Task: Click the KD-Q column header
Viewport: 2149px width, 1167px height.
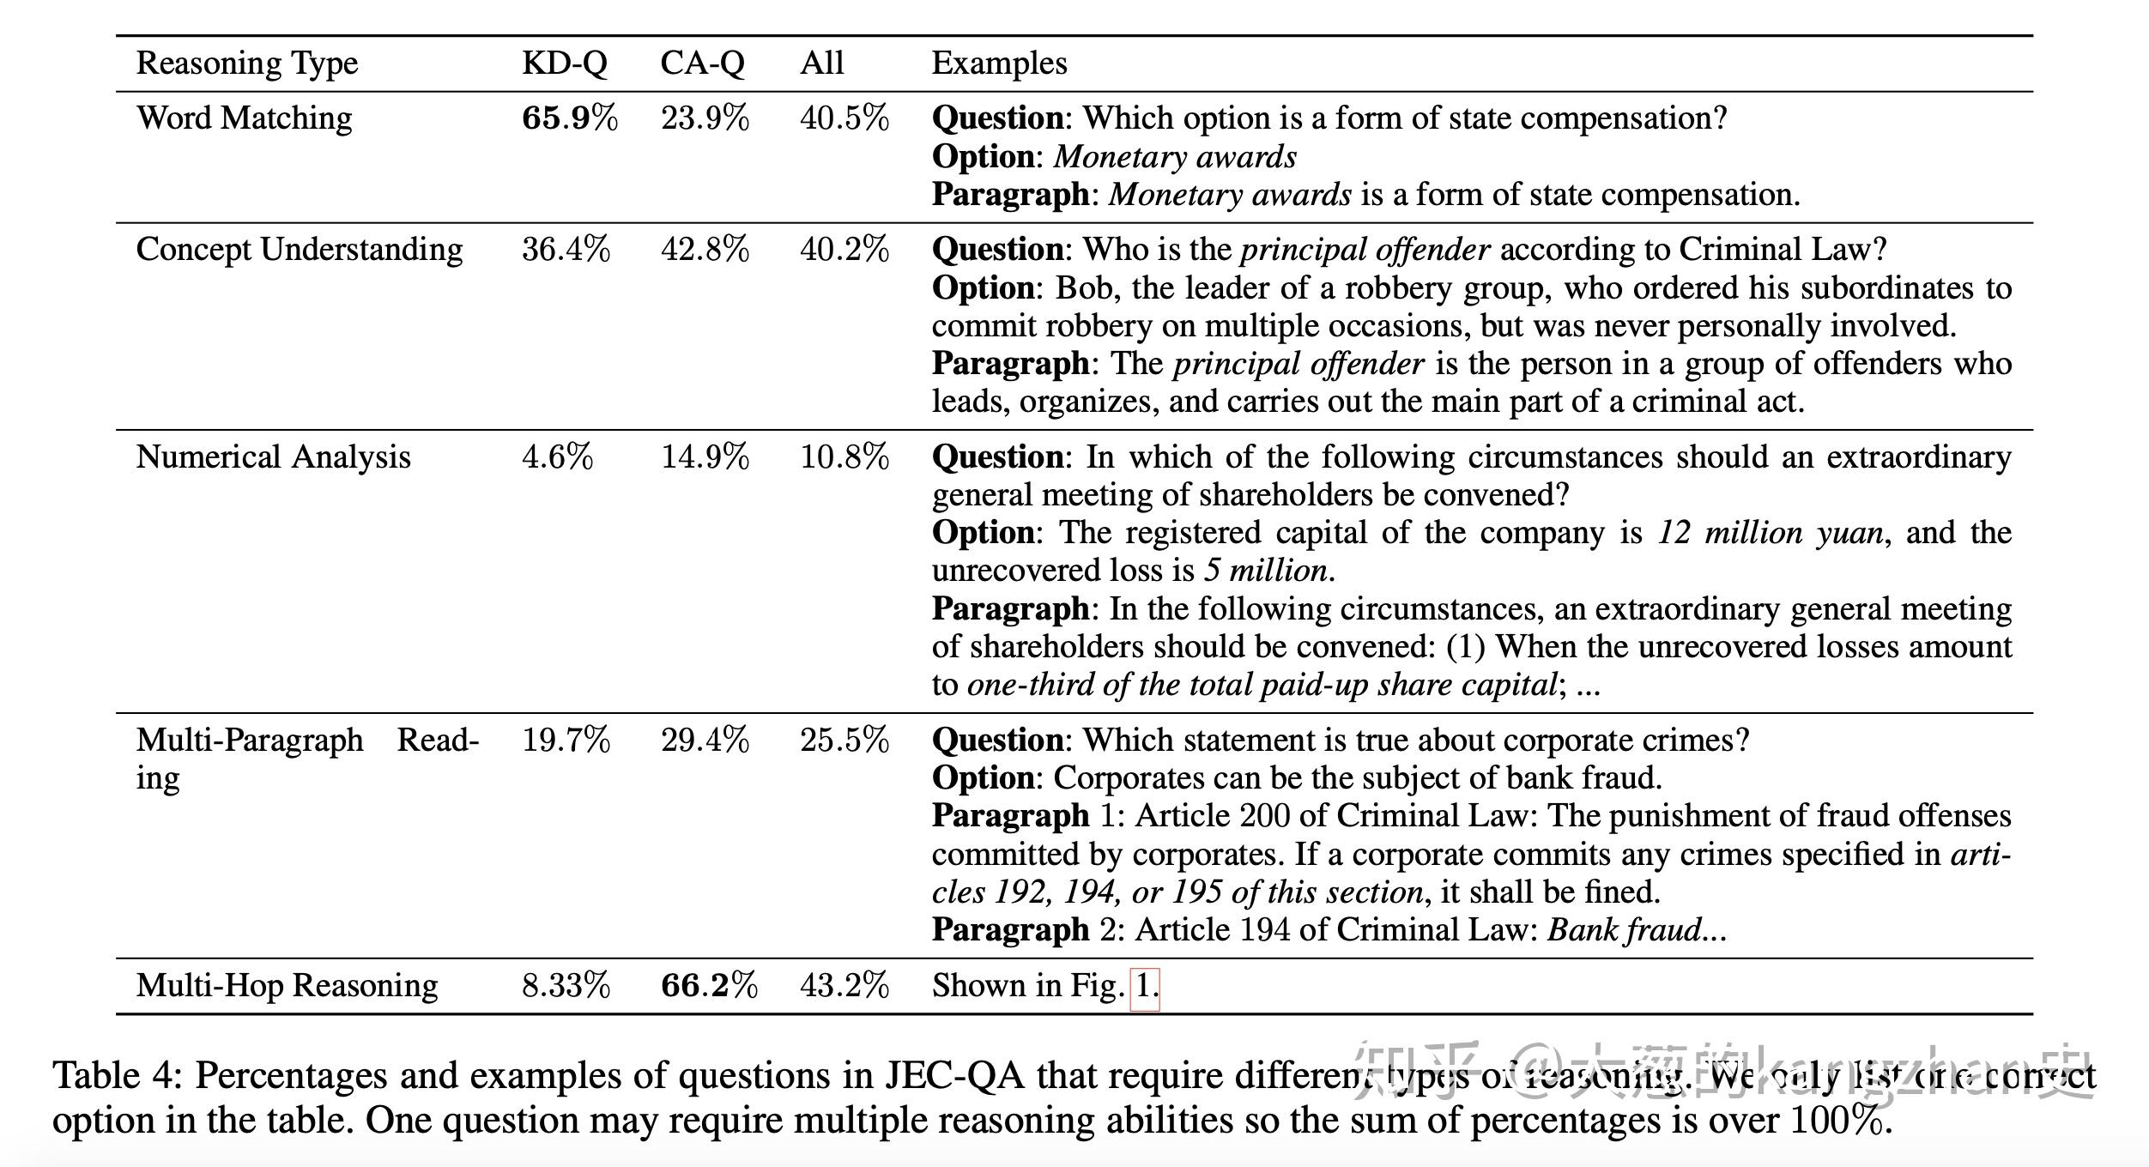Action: pyautogui.click(x=564, y=63)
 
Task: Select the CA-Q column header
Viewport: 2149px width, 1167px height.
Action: pyautogui.click(x=702, y=63)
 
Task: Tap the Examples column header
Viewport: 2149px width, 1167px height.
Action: pyautogui.click(x=999, y=63)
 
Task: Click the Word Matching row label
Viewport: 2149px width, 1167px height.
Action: pyautogui.click(x=244, y=118)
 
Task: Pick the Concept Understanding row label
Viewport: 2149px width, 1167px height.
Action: pyautogui.click(x=299, y=250)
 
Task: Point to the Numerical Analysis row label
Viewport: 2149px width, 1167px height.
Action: pyautogui.click(x=273, y=457)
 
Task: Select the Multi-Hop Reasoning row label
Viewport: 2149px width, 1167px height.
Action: pyautogui.click(x=287, y=986)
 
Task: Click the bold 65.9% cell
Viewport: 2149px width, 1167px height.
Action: pyautogui.click(x=569, y=118)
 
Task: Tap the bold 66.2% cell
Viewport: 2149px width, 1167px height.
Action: pyautogui.click(x=708, y=986)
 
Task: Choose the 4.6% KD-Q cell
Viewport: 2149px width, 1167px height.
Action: pyautogui.click(x=557, y=457)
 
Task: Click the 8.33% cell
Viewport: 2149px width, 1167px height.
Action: pyautogui.click(x=566, y=986)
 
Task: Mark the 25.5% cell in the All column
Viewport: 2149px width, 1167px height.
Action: pyautogui.click(x=844, y=741)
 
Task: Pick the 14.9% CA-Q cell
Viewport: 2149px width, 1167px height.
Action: pyautogui.click(x=705, y=457)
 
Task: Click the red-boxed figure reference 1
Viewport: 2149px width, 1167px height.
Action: pyautogui.click(x=1145, y=986)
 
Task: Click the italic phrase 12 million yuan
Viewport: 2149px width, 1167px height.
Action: pyautogui.click(x=1770, y=533)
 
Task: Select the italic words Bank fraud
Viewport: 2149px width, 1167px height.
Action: pyautogui.click(x=1625, y=930)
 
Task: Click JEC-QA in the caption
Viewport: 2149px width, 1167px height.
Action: pyautogui.click(x=955, y=1076)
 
